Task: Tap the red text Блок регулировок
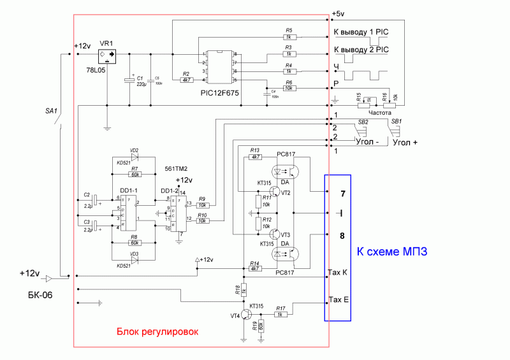pos(157,332)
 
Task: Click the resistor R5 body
pos(289,38)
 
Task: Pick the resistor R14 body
pos(255,269)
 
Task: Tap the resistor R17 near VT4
pos(280,315)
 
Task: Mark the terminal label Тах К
pos(338,273)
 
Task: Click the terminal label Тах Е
pos(338,299)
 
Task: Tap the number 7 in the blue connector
pos(342,193)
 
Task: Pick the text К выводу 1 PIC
pos(361,31)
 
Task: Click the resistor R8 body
pos(135,243)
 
